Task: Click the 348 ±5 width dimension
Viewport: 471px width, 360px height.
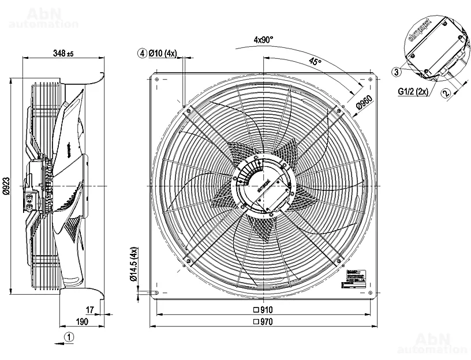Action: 62,54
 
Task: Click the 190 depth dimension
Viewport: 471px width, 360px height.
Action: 82,322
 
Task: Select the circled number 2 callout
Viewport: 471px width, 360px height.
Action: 446,92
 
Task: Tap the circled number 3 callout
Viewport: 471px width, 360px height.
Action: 396,72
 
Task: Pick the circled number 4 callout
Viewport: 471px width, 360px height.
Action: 141,54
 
